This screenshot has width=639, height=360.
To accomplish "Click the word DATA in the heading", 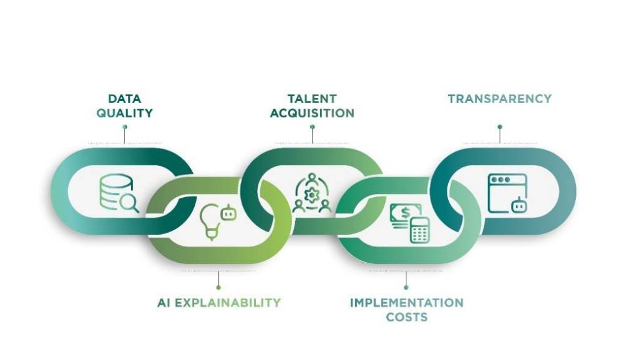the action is (x=125, y=99).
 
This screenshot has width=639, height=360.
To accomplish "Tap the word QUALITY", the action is (x=125, y=113).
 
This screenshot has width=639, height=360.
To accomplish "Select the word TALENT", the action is (x=312, y=99).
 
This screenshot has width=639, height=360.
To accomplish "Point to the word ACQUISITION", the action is (x=312, y=113).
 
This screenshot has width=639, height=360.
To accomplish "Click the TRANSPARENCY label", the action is (x=500, y=99).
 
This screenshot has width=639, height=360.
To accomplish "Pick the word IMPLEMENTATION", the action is (x=407, y=303).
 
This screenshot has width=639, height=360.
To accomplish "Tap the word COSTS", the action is (x=407, y=317).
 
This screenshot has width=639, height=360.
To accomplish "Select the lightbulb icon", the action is (x=210, y=222).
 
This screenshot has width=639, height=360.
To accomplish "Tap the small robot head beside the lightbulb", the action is (x=228, y=213).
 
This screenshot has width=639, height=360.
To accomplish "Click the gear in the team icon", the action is (x=312, y=195).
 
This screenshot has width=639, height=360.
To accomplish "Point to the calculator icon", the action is (x=420, y=230).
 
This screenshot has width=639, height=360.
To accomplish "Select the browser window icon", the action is (x=507, y=193).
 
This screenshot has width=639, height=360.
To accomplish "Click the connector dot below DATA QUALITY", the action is (x=125, y=127).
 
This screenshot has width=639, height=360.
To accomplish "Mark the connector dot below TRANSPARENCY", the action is (x=500, y=127).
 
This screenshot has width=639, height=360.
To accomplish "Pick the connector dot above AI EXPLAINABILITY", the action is (x=218, y=288).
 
